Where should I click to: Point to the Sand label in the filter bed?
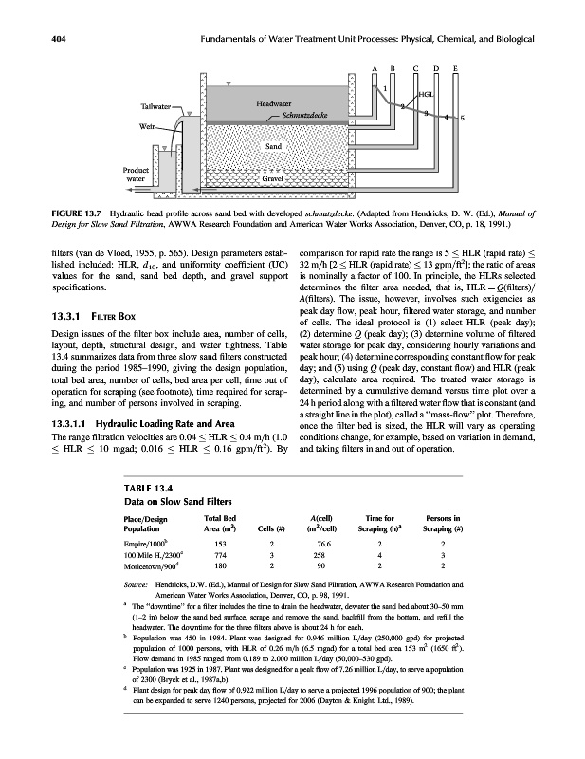point(275,146)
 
